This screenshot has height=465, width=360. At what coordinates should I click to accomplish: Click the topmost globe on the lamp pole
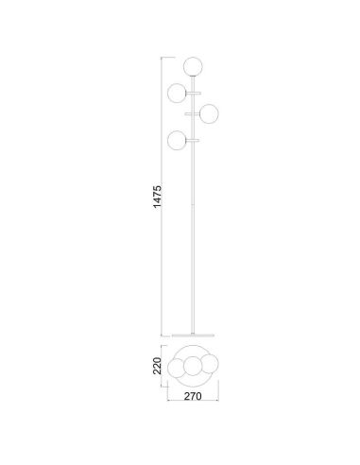tap(195, 65)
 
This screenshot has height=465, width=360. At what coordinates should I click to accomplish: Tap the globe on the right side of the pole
tap(210, 112)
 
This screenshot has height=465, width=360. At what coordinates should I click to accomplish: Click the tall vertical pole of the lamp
tap(195, 236)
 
